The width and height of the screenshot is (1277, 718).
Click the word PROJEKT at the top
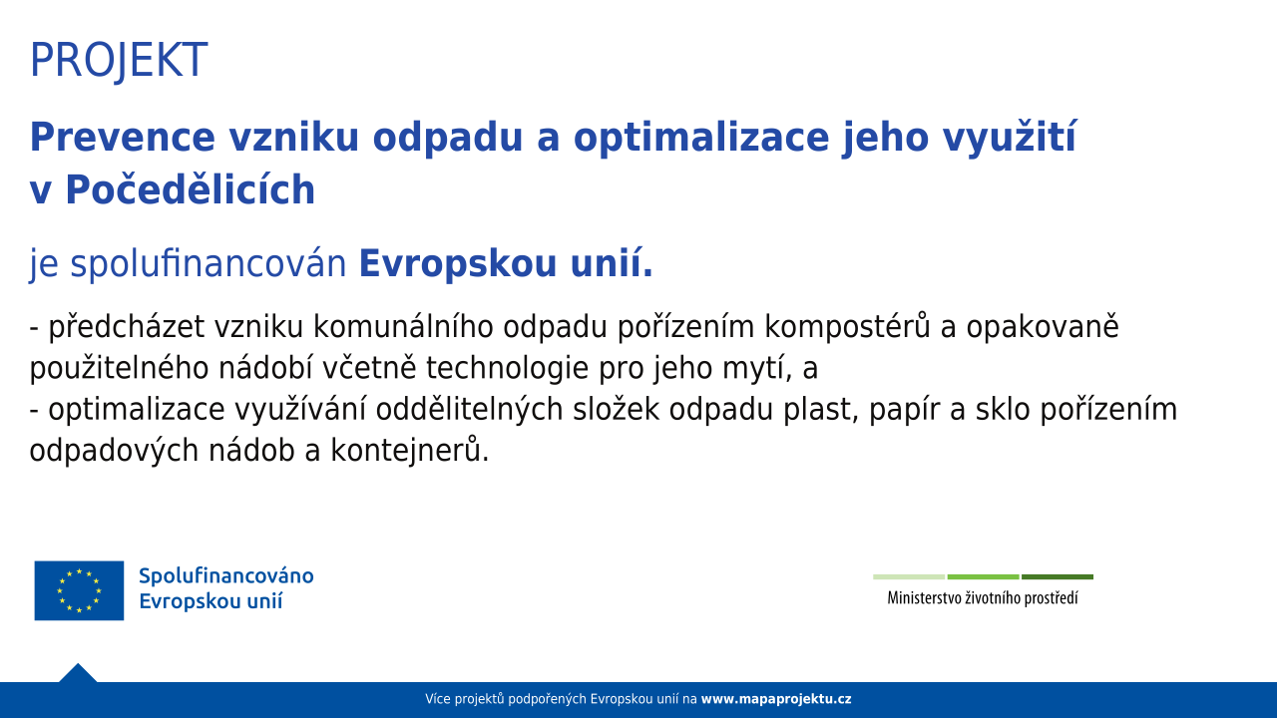[x=119, y=61]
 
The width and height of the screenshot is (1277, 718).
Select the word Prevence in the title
[x=122, y=138]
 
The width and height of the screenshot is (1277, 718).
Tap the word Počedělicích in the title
[x=191, y=189]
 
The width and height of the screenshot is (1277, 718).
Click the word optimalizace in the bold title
[x=700, y=139]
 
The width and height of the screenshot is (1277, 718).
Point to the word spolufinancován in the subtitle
[x=209, y=264]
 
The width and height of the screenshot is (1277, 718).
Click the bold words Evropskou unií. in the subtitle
[x=506, y=264]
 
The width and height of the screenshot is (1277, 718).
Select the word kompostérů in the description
[x=847, y=327]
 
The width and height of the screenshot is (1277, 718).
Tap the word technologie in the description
[x=507, y=368]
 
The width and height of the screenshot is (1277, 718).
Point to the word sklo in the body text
[x=1003, y=409]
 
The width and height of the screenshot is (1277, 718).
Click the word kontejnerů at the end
[x=410, y=451]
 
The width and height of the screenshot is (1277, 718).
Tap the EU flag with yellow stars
[x=79, y=590]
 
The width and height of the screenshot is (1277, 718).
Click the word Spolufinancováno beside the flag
[x=226, y=576]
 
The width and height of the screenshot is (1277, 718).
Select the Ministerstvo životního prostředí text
[x=983, y=597]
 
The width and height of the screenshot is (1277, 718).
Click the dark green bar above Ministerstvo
[x=1058, y=576]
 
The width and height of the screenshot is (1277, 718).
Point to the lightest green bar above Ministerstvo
[x=909, y=576]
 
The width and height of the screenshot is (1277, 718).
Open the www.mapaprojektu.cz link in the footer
[x=776, y=699]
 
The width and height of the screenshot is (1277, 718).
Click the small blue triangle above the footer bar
[x=78, y=673]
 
